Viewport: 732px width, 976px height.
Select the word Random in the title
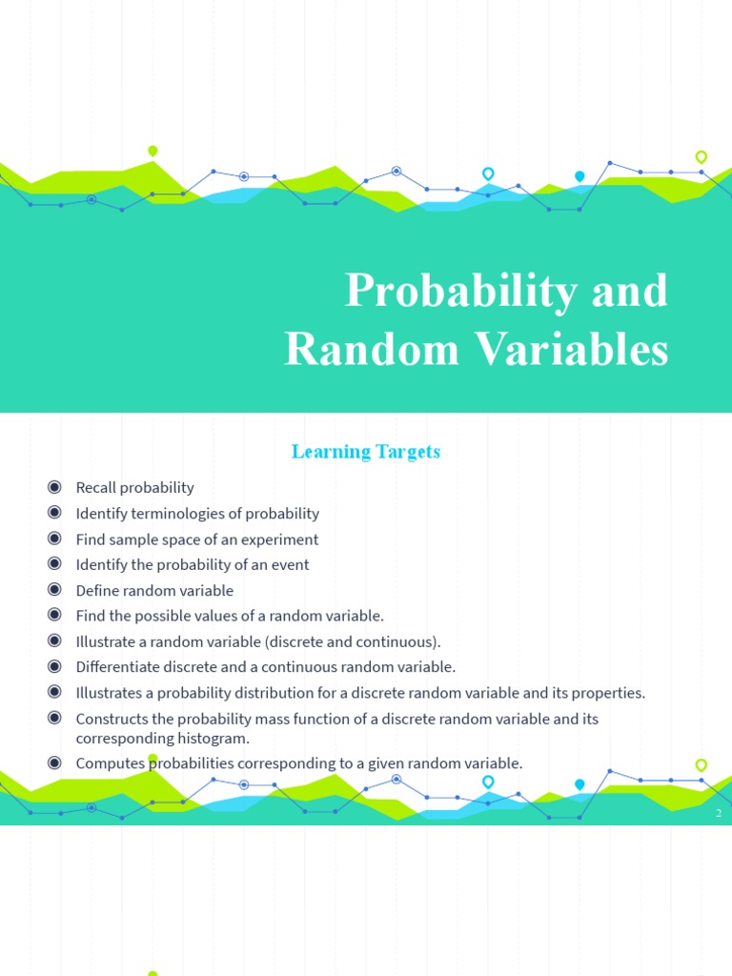click(x=372, y=349)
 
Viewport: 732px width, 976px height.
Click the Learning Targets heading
click(x=366, y=451)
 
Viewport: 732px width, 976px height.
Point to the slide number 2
click(x=719, y=813)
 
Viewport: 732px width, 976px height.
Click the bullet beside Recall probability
click(x=54, y=487)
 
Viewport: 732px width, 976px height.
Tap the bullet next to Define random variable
click(x=54, y=589)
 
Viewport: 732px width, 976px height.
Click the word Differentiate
click(x=117, y=666)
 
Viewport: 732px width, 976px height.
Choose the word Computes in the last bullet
click(x=111, y=763)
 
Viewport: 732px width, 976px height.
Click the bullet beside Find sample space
click(x=54, y=538)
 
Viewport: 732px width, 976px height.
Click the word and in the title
click(x=629, y=292)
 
